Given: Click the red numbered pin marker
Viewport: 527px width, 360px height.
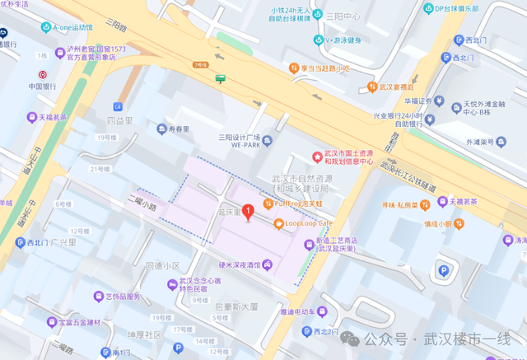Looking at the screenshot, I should (248, 207).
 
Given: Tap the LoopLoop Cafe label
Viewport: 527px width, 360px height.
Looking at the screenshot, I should (308, 223).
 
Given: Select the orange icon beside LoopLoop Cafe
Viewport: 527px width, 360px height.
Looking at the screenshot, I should (277, 223).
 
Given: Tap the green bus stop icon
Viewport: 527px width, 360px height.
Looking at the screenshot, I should (221, 79).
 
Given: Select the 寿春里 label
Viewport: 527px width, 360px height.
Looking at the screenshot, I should (179, 129).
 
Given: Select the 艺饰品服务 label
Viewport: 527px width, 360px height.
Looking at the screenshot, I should (123, 297).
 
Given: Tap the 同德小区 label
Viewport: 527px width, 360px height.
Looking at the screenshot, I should (161, 266).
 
